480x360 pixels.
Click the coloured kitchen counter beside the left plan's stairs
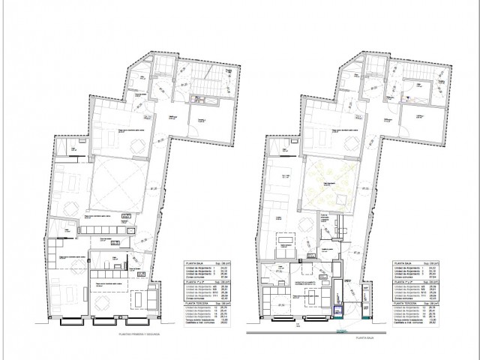pyautogui.click(x=198, y=99)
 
